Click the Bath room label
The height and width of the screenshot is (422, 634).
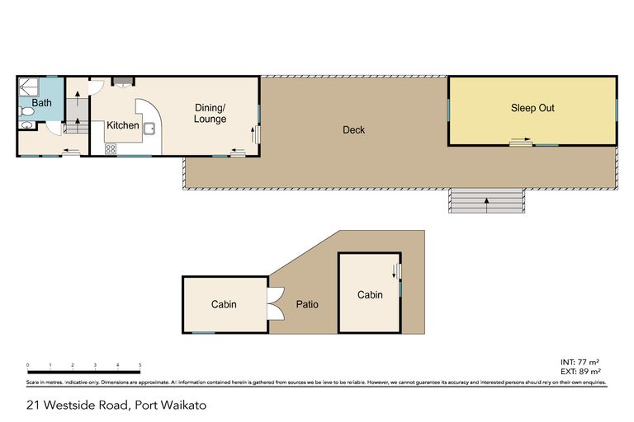click(41, 103)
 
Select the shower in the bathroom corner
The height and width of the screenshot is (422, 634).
click(30, 86)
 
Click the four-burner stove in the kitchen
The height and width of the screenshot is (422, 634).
click(110, 148)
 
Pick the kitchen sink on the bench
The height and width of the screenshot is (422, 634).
click(150, 128)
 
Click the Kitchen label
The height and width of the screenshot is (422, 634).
click(122, 125)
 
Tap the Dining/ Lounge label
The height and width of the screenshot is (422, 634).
click(210, 114)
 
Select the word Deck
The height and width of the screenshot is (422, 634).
click(353, 130)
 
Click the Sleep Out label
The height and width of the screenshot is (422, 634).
click(532, 108)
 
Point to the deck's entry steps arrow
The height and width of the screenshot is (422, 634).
click(486, 200)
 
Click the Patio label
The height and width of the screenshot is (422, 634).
click(307, 304)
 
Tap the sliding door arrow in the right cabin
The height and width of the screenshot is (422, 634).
click(395, 270)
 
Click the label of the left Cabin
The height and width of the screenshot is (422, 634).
click(224, 304)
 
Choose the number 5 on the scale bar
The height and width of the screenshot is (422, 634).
click(140, 364)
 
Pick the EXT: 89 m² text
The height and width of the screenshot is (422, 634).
click(580, 372)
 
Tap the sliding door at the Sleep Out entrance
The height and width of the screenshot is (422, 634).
click(520, 143)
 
